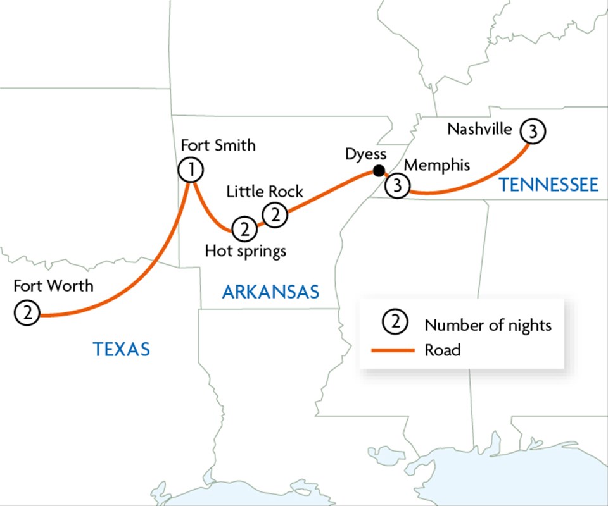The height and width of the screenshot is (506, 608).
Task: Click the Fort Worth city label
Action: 53,286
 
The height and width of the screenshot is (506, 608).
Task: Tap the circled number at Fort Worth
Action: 27,313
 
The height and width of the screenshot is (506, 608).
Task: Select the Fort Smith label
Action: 218,145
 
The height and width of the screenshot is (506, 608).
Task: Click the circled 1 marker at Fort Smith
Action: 191,170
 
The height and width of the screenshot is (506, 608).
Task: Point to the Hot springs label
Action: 246,251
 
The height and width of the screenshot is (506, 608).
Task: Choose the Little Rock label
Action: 265,191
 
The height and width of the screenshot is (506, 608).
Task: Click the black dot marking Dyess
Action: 378,170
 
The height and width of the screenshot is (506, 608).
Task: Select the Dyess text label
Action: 365,154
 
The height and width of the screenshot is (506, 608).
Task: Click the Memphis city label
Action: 437,166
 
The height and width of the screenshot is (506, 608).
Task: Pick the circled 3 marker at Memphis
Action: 398,186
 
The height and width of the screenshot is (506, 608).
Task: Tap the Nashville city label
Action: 479,129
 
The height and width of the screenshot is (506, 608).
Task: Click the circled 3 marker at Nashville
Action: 532,132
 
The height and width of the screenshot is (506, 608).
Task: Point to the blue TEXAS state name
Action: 122,349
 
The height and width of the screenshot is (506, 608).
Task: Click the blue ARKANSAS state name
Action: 270,292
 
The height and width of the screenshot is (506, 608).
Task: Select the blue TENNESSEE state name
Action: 548,185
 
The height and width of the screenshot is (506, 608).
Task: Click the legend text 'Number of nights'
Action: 488,325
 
